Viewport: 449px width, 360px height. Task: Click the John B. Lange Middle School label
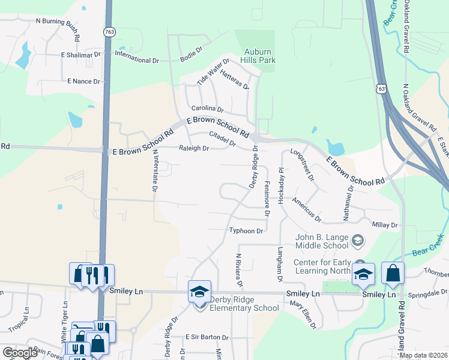(322, 241)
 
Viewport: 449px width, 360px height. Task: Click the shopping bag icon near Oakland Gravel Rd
(393, 273)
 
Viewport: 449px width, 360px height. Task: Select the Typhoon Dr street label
(247, 231)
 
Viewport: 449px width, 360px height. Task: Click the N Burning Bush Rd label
(58, 22)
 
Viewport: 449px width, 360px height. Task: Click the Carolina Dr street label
(207, 109)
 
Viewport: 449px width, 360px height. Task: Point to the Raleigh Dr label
(193, 148)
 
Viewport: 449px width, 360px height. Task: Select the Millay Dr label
(385, 224)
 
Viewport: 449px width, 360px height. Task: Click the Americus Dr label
(307, 211)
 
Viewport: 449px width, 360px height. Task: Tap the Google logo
(20, 353)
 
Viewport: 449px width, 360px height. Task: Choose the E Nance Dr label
(86, 80)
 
